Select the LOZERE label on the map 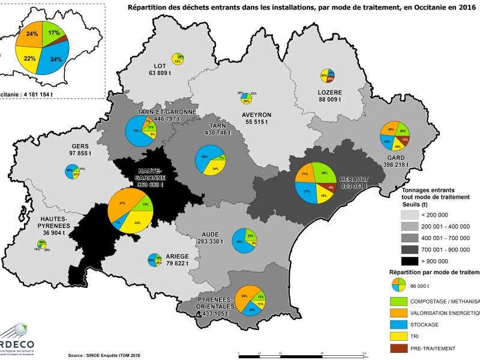[329, 92]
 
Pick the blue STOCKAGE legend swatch [400, 325]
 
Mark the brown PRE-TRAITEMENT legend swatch [400, 348]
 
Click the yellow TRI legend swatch [400, 337]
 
